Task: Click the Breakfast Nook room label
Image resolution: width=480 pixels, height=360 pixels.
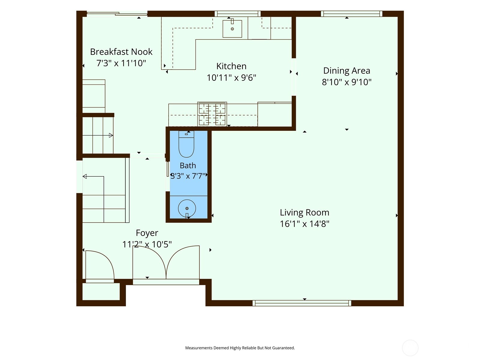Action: (121, 52)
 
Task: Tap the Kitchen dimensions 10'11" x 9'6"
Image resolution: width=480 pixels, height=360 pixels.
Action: (231, 78)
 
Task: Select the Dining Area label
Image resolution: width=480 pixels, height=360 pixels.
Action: (346, 70)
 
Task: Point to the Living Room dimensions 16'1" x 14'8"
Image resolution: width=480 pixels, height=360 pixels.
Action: (304, 224)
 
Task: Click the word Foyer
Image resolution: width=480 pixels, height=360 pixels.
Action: (147, 233)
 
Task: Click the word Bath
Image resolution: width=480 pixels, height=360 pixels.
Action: (188, 166)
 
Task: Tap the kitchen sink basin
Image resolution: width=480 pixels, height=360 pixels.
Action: (232, 29)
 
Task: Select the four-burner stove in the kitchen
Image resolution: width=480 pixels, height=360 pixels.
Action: (212, 114)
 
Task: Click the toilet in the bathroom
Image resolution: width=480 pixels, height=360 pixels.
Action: (186, 144)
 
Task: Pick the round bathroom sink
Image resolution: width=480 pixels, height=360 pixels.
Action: (187, 208)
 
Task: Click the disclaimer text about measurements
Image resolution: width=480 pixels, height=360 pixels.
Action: (240, 348)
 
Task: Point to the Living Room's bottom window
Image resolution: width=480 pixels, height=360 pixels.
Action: (302, 303)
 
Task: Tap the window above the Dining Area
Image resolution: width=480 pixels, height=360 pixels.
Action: (352, 13)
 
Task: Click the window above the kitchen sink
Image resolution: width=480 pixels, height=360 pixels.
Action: (238, 13)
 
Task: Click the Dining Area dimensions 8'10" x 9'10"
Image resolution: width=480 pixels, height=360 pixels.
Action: (346, 82)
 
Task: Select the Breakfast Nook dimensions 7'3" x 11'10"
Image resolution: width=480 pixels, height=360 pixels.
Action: (121, 63)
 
